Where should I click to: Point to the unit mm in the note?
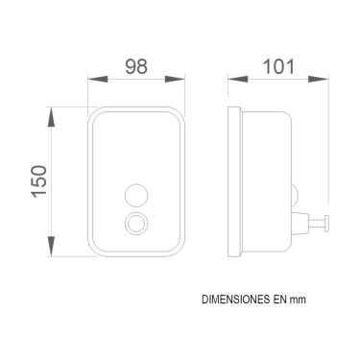tap(300, 300)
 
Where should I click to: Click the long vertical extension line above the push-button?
tap(329, 144)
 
